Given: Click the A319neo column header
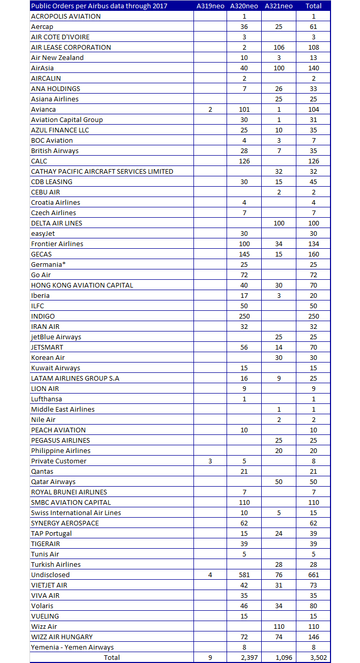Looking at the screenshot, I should click(210, 6).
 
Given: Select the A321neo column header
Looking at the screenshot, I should click(278, 6).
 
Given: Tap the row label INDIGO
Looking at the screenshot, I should click(43, 316).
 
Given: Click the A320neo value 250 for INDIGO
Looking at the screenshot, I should click(244, 316).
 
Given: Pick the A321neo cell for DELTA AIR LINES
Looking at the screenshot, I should click(279, 223).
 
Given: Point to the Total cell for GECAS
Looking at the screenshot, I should click(312, 254).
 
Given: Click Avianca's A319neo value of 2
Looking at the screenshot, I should click(210, 109).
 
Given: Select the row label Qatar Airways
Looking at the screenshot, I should click(53, 481).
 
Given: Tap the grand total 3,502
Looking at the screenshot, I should click(312, 657).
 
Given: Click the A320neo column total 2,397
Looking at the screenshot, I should click(244, 657).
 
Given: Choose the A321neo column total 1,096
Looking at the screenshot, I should click(279, 657).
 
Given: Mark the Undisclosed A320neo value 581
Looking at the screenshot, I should click(244, 575).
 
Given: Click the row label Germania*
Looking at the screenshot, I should click(47, 264).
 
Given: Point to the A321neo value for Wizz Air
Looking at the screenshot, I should click(279, 626).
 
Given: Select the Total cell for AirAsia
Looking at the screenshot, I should click(312, 68).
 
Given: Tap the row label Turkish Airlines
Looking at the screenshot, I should click(56, 564).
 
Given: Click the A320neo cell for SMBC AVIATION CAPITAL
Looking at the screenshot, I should click(244, 502).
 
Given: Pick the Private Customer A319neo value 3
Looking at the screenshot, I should click(210, 461).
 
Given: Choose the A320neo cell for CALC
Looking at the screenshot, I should click(244, 161).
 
